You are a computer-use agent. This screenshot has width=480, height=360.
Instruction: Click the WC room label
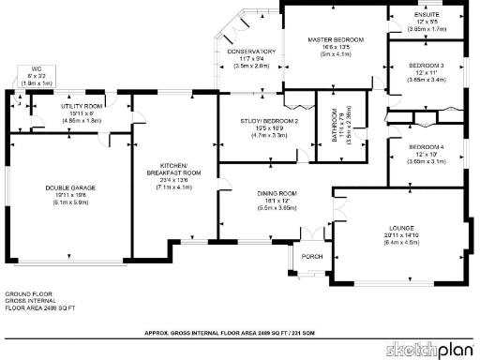click(x=36, y=68)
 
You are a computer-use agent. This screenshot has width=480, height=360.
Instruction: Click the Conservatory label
click(x=250, y=52)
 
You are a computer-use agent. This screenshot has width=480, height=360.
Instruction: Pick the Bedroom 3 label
click(x=426, y=67)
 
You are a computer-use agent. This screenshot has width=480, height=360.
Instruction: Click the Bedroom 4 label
click(x=426, y=148)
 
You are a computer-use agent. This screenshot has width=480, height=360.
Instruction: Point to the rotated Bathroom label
click(x=334, y=125)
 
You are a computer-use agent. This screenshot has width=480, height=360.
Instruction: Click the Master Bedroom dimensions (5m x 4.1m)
click(x=335, y=53)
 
